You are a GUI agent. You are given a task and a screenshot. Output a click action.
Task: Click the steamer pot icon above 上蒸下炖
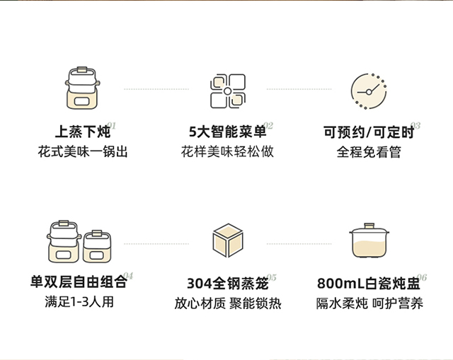pos(84,91)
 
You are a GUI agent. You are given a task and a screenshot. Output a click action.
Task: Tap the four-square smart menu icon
pos(227,91)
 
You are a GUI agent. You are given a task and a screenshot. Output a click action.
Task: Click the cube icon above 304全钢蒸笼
pos(227,240)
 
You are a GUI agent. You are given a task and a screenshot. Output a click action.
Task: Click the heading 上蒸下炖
pos(83,132)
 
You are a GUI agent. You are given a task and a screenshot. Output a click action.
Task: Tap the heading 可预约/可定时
pos(367,132)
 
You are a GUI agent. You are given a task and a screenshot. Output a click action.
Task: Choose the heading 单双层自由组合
pos(84,282)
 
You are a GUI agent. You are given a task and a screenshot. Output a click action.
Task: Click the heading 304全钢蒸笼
pos(227,283)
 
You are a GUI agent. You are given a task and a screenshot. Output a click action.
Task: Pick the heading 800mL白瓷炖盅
pos(368,283)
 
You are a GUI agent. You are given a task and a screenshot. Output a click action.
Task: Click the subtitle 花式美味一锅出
pos(84,152)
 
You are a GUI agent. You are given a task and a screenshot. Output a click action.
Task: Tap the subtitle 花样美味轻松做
pos(227,152)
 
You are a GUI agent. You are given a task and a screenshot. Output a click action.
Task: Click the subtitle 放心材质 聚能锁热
pos(227,303)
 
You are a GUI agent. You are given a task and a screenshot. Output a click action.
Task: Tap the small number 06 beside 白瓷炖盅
pos(422,277)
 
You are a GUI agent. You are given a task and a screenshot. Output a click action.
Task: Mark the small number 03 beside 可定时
pos(415,126)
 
